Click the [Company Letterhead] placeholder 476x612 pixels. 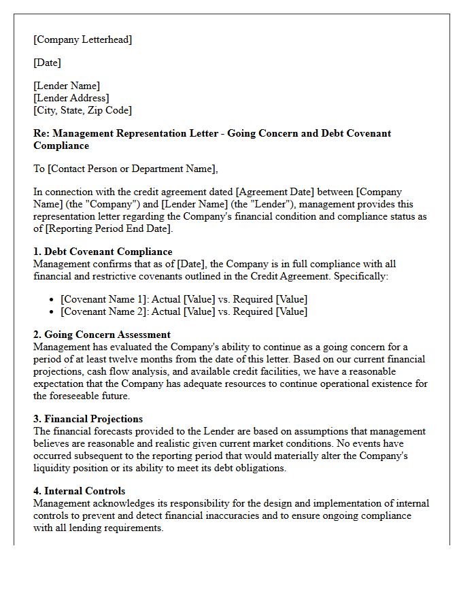pyautogui.click(x=83, y=39)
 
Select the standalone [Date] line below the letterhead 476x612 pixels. pyautogui.click(x=48, y=63)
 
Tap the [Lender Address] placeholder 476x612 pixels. pyautogui.click(x=71, y=98)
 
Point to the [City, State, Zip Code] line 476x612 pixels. pyautogui.click(x=83, y=110)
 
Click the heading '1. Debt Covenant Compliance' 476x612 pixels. pyautogui.click(x=103, y=252)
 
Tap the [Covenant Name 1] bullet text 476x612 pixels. pyautogui.click(x=103, y=299)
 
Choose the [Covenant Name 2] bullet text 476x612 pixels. pyautogui.click(x=103, y=311)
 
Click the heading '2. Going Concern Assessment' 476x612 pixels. pyautogui.click(x=102, y=335)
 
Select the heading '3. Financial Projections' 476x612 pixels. pyautogui.click(x=88, y=419)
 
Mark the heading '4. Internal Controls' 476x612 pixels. pyautogui.click(x=80, y=491)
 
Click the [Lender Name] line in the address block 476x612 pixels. pyautogui.click(x=67, y=86)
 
